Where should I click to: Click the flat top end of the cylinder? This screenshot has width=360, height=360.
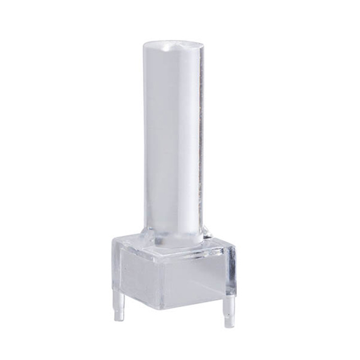174,45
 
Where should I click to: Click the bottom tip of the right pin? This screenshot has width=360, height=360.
228,326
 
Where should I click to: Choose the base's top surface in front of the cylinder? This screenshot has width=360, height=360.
169,253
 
